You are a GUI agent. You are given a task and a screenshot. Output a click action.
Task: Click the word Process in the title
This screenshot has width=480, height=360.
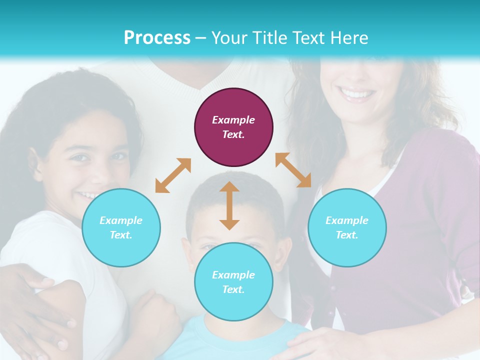tap(157, 38)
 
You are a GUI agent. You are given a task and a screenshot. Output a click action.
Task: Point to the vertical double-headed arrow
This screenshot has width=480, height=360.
tap(229, 206)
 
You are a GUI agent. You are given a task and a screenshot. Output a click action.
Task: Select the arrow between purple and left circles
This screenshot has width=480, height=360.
tap(173, 175)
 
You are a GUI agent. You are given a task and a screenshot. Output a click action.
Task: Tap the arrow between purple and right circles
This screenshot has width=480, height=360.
tap(293, 170)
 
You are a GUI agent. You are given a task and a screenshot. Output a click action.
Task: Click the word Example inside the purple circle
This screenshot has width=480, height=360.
tap(233, 120)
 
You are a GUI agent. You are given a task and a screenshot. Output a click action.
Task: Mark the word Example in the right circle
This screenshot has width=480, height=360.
tap(347, 220)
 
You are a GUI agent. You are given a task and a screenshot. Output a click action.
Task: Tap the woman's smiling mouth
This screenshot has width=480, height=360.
tap(356, 94)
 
